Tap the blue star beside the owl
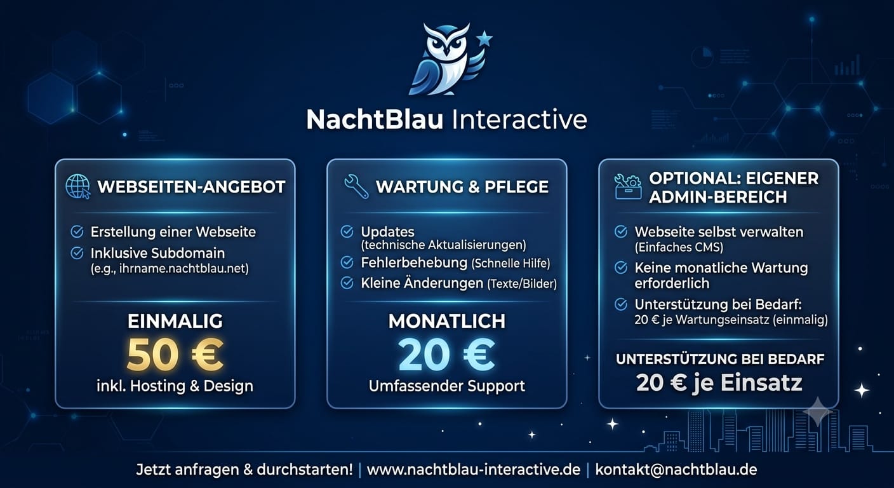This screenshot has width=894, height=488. [x=484, y=38]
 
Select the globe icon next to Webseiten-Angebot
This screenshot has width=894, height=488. [x=78, y=186]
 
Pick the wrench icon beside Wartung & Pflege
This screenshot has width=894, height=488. [x=356, y=186]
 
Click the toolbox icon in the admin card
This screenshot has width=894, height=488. [x=628, y=186]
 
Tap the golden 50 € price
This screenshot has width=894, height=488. [x=175, y=355]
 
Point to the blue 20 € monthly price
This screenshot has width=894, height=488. [x=446, y=355]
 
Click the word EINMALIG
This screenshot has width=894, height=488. [x=175, y=321]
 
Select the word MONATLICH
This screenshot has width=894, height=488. [x=447, y=321]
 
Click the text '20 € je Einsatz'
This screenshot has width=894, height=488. [x=719, y=383]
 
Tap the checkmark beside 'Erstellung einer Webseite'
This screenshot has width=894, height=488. [x=77, y=232]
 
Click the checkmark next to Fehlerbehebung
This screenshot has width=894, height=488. [x=347, y=262]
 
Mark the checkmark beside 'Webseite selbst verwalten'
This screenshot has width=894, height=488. [x=620, y=232]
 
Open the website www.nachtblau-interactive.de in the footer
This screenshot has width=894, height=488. [x=473, y=470]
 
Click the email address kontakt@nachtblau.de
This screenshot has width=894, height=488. [x=676, y=470]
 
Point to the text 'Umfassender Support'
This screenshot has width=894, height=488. [x=447, y=386]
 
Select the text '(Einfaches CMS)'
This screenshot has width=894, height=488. [x=679, y=247]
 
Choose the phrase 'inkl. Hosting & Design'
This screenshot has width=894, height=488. [x=175, y=386]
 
